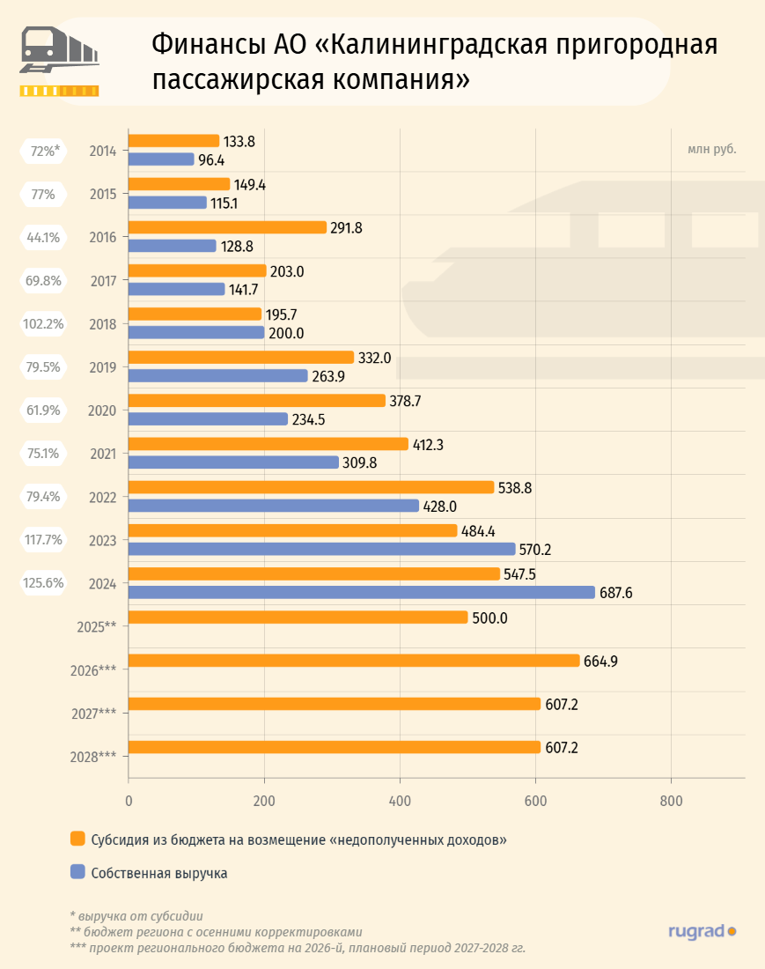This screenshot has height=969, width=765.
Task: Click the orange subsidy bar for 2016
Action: coord(227,227)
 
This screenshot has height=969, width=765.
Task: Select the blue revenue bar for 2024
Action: coord(362,592)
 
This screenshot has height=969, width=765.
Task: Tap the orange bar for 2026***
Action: coord(354,661)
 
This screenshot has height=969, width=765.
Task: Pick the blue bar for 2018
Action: coord(196,332)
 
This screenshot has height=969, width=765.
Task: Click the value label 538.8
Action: coord(517,487)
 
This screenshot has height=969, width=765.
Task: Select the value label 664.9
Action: coord(602,661)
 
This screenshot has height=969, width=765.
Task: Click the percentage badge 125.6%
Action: coord(42,582)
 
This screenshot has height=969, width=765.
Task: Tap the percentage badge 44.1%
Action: coord(42,237)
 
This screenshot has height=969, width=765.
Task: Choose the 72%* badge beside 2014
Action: coord(42,151)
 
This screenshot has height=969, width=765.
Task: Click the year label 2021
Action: coord(104,454)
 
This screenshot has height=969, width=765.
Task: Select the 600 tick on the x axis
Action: coord(535,801)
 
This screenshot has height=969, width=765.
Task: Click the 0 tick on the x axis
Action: coord(129,801)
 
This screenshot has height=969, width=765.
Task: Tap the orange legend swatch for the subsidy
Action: coord(77,840)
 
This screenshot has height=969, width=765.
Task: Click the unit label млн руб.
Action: coord(711,148)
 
